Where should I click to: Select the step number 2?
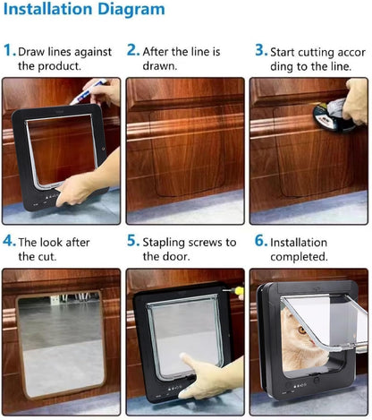(x=132, y=51)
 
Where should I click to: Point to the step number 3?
(x=260, y=51)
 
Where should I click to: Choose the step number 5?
(x=132, y=242)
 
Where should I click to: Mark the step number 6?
(x=260, y=242)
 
